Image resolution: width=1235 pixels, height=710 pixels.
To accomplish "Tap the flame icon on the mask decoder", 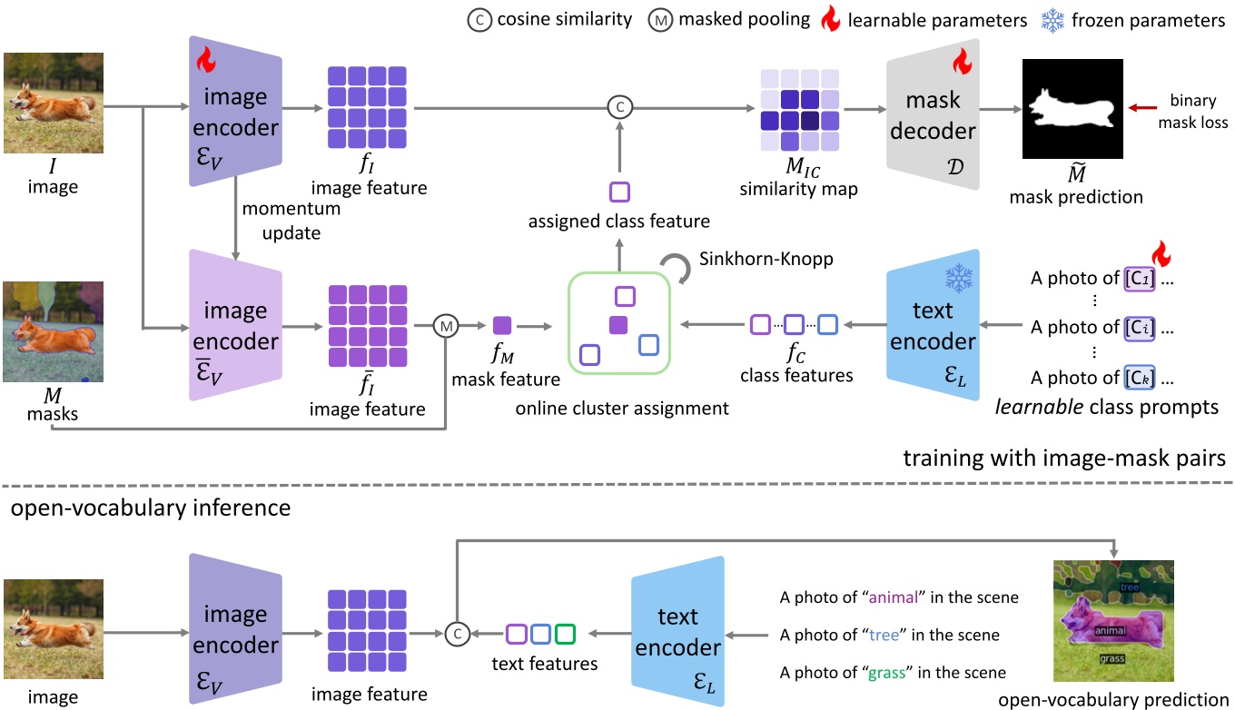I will point(962,62).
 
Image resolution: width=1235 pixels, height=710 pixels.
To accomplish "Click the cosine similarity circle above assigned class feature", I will point(618,108).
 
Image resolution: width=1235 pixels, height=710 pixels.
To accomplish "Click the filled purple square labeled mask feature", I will point(502,324).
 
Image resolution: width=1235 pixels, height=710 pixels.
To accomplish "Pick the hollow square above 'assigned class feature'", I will point(618,192).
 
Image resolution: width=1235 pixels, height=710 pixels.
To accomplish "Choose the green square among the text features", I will point(565,634).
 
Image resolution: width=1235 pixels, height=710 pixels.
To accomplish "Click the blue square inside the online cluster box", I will point(647,346).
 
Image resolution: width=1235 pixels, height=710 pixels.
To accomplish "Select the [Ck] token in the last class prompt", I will point(1138,377).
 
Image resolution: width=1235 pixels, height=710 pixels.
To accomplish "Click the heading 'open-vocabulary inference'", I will point(150,508).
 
